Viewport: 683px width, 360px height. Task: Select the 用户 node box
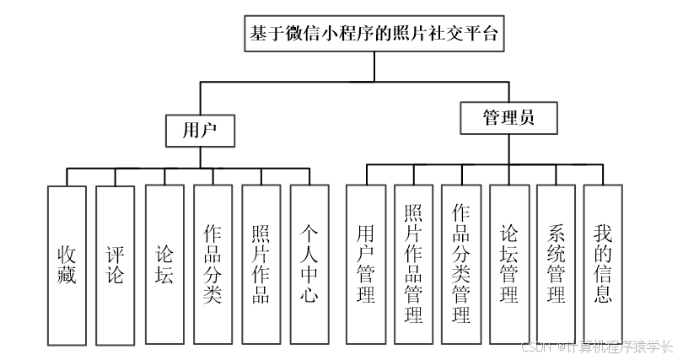(200, 131)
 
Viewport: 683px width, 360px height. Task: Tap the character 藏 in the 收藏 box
(67, 276)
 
